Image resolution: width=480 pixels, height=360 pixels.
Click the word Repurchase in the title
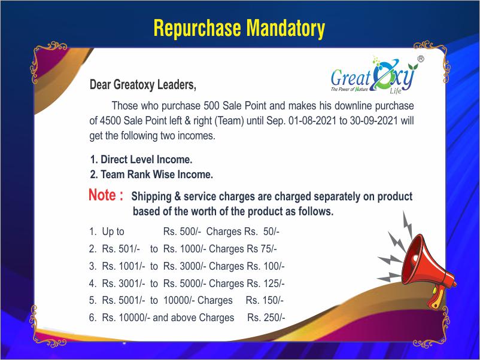pos(197,29)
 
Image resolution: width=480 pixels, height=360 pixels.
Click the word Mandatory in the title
pos(285,28)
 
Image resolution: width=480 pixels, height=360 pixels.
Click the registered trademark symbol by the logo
pos(421,59)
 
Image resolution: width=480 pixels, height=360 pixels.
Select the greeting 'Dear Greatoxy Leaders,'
pos(143,85)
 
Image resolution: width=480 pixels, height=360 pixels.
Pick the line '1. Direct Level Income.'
pos(141,159)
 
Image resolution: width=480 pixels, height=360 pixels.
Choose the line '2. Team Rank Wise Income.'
pos(151,175)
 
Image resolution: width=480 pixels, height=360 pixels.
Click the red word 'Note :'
pos(106,195)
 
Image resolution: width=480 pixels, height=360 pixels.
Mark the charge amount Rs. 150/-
pos(265,300)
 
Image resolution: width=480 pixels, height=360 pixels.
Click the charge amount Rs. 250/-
pos(266,318)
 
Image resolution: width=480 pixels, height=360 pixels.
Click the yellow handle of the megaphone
pos(438,297)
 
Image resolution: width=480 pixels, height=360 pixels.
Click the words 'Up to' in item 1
pos(113,231)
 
